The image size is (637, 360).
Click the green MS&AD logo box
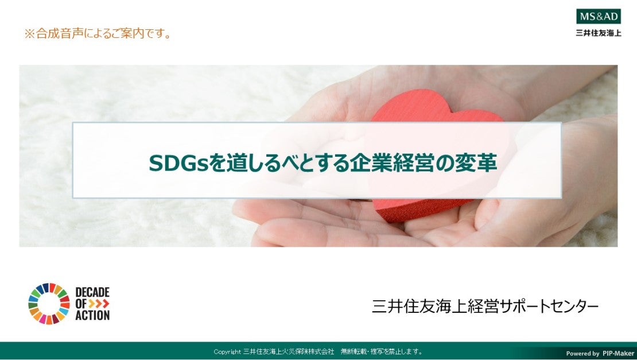599,17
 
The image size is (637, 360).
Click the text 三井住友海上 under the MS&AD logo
599,33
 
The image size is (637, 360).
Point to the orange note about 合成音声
98,33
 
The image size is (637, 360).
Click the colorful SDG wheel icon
49,304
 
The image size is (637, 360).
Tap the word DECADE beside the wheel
92,292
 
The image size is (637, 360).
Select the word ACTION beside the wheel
92,315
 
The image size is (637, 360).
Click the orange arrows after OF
99,304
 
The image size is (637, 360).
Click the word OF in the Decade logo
81,304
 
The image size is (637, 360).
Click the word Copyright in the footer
227,352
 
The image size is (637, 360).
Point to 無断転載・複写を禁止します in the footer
381,351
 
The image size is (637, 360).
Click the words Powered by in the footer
582,354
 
